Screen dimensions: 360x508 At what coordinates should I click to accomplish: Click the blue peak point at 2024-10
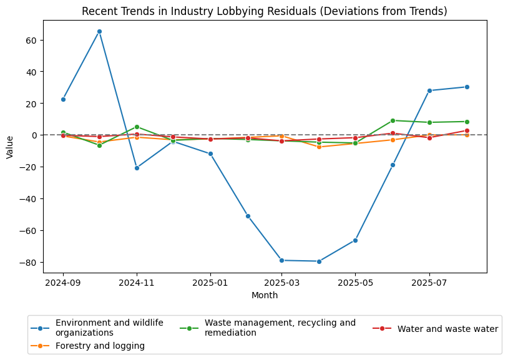[99, 31]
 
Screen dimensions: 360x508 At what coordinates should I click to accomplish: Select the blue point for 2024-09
[63, 99]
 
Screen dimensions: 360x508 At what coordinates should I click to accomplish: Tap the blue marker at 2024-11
[137, 168]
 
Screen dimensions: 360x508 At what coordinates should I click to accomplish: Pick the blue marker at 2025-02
[248, 216]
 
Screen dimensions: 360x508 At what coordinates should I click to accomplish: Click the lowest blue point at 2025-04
[319, 261]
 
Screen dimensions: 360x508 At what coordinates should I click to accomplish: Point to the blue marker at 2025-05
[355, 240]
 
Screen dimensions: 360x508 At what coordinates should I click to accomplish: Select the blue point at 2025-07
[429, 90]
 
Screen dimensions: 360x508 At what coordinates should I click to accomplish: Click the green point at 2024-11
[137, 127]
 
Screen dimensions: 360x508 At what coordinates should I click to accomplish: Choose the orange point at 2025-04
[319, 147]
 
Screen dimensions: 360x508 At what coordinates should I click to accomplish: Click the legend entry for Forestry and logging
[100, 346]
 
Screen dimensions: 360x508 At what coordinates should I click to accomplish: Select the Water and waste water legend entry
[447, 329]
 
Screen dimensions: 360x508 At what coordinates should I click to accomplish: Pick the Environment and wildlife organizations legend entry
[109, 328]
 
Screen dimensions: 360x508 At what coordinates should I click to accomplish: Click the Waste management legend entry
[280, 328]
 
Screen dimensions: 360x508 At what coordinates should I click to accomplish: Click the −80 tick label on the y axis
[29, 262]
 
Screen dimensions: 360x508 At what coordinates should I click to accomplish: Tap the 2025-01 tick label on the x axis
[210, 283]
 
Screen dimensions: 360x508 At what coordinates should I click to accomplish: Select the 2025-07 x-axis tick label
[429, 283]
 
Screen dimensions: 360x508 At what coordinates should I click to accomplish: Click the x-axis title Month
[265, 296]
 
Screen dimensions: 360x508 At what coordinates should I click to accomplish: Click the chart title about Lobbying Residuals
[265, 12]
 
